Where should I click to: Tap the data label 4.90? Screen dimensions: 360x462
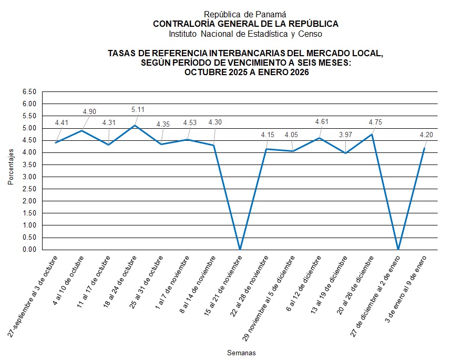point(90,111)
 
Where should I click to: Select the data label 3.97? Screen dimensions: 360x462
point(345,136)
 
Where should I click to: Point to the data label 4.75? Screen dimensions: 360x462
point(375,122)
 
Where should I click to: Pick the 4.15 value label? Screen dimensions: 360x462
point(268,135)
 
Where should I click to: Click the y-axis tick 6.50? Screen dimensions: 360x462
point(29,92)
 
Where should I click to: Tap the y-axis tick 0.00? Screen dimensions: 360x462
point(29,250)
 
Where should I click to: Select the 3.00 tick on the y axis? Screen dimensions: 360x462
point(29,177)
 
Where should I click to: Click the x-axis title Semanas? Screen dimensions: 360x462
point(241,353)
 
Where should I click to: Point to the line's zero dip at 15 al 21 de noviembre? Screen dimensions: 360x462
point(240,249)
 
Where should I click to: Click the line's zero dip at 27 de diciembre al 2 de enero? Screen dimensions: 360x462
point(398,249)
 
